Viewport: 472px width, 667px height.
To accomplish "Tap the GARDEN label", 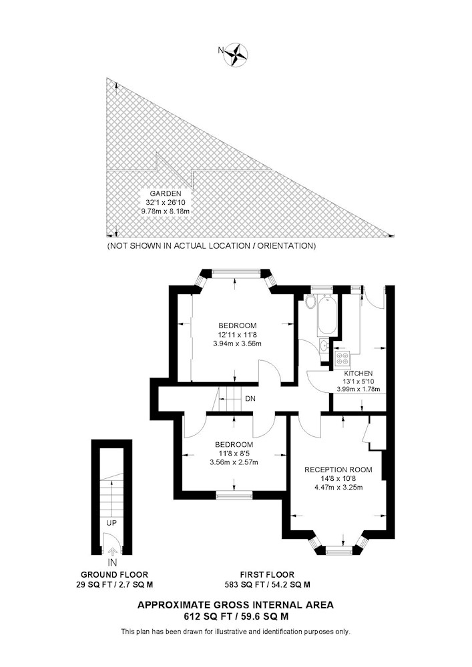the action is [x=165, y=193].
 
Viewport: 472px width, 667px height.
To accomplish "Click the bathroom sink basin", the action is [x=324, y=345].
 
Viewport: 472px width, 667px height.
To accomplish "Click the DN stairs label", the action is [x=250, y=399].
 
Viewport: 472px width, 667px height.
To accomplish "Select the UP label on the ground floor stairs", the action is [x=111, y=523].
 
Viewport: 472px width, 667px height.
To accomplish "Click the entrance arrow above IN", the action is [x=112, y=552].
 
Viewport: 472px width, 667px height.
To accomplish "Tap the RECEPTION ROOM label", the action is [x=338, y=470].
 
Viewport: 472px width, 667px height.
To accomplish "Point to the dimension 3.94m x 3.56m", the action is [x=237, y=344].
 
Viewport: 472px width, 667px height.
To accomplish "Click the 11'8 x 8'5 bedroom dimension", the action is [x=234, y=454].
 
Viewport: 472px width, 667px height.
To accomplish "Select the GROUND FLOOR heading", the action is [x=114, y=575].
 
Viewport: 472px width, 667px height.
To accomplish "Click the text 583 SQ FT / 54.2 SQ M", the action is [x=267, y=585].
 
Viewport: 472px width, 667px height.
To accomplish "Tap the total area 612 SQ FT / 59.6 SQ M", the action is [x=236, y=616].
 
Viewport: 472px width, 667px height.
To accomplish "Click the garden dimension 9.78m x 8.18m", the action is [x=165, y=211].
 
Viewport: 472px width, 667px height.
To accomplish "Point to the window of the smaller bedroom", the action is [x=234, y=495].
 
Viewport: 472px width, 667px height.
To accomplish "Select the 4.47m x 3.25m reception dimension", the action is [x=338, y=488].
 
